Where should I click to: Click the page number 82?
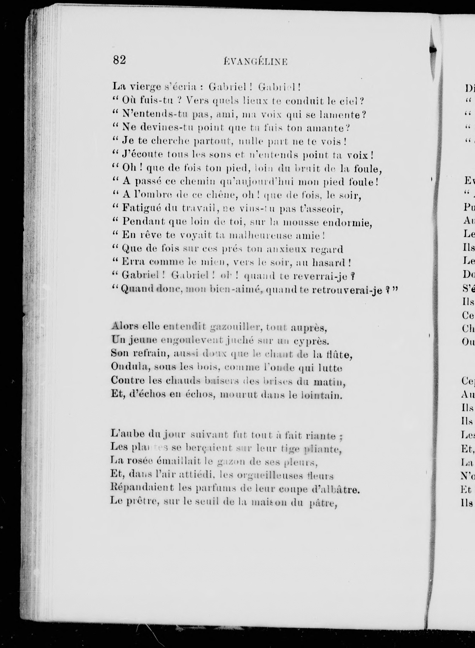119,60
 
